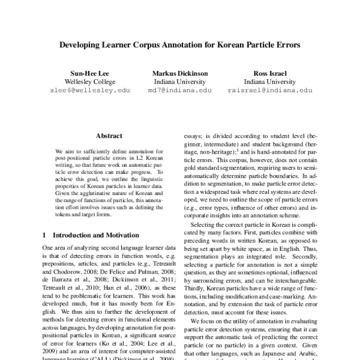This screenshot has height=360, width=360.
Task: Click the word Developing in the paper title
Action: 82,45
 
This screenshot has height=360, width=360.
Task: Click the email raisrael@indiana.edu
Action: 270,90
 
